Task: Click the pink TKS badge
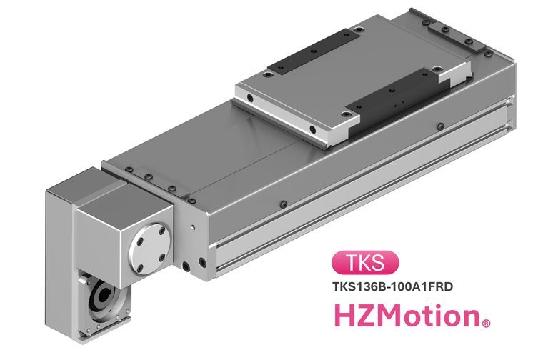point(365,262)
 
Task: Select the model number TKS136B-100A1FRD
point(393,286)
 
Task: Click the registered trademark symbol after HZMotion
point(486,324)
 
